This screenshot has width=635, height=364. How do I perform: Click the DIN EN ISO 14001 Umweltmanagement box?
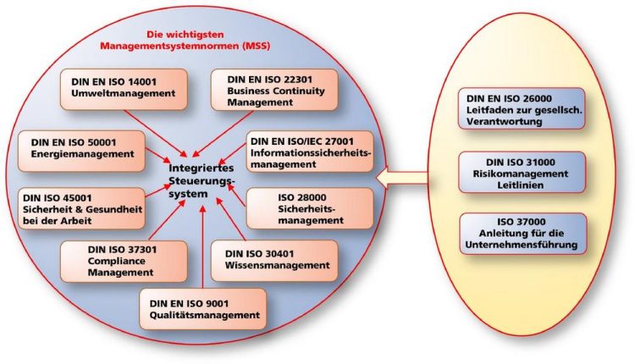[124, 89]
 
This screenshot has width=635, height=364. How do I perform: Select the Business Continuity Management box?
[274, 90]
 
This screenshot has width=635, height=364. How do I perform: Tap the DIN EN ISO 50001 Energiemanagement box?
[81, 151]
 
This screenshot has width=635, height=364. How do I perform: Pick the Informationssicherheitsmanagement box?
[310, 152]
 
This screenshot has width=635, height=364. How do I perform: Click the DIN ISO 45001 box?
[81, 208]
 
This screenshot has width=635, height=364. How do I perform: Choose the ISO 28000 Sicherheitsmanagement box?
[310, 208]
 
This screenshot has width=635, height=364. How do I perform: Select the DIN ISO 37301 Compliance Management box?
[124, 262]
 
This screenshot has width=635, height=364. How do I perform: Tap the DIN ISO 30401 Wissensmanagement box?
[274, 261]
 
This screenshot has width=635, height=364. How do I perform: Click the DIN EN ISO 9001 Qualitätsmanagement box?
[203, 308]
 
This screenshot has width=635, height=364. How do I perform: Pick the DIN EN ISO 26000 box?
[522, 109]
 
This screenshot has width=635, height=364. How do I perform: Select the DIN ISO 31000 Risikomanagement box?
[522, 172]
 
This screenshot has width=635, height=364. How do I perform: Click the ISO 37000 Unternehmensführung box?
[523, 234]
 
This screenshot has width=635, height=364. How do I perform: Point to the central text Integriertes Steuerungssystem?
[202, 180]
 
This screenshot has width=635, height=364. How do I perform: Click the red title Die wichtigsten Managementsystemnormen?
[185, 40]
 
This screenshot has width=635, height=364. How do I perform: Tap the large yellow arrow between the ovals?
[401, 178]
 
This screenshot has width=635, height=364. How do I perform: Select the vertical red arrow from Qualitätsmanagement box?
[202, 246]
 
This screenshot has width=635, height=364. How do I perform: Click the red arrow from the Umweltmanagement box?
[156, 134]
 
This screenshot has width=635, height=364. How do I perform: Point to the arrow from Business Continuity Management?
[223, 134]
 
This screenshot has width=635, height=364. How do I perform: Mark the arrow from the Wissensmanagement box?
[230, 218]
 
